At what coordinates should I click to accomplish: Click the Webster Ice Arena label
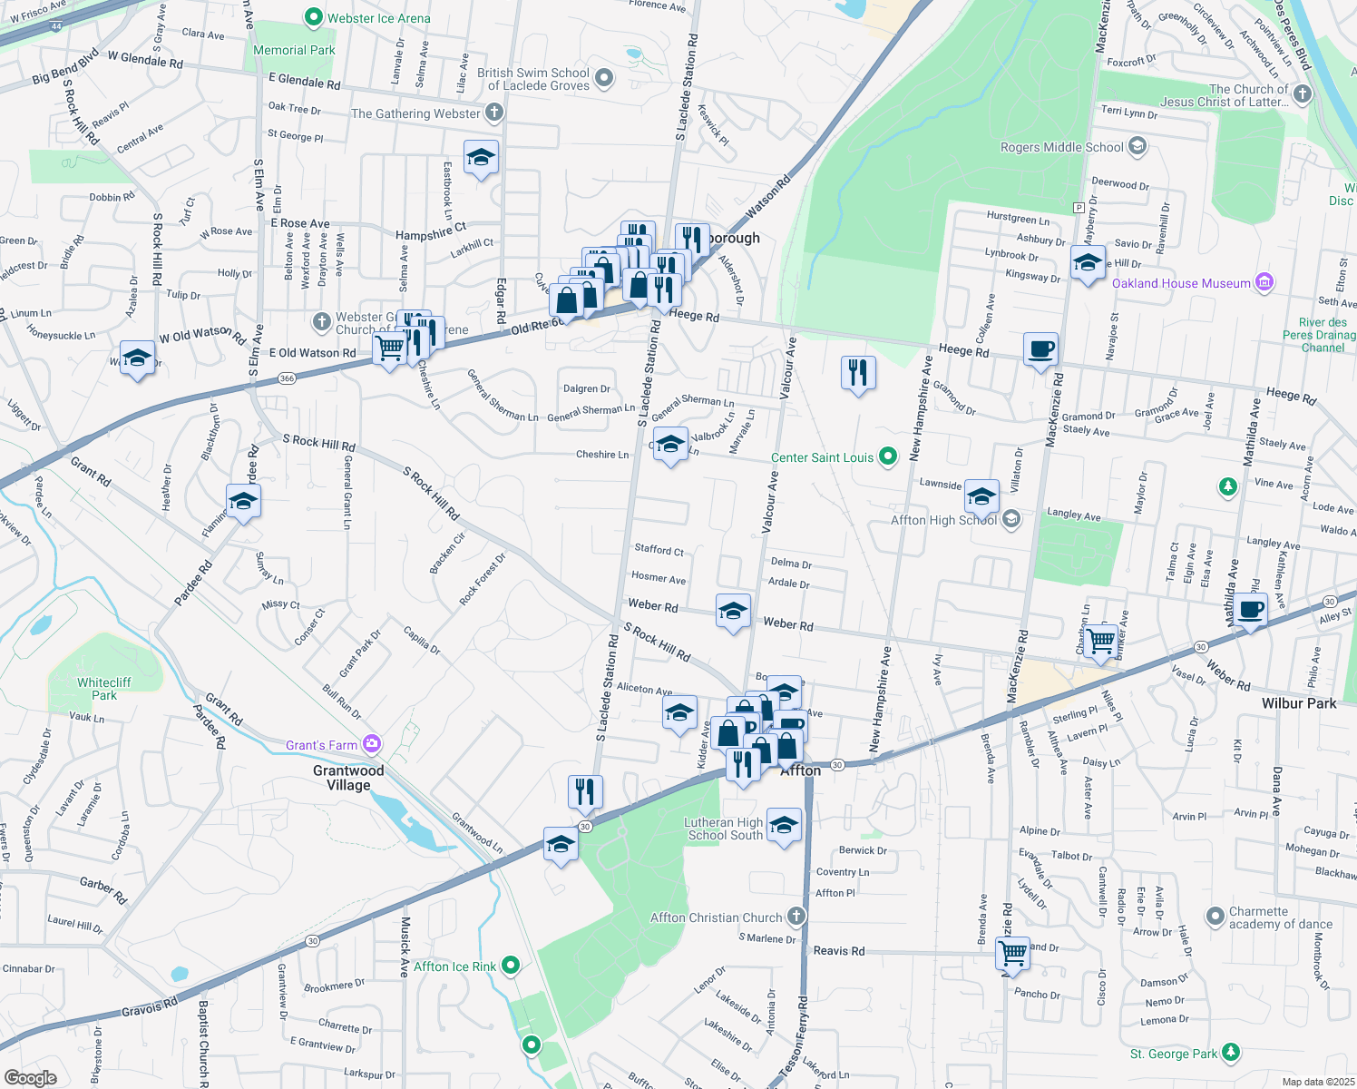coord(378,18)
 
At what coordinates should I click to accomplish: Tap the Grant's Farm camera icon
coord(371,745)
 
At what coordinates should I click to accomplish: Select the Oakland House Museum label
coord(1181,283)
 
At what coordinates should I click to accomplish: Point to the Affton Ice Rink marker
coord(511,966)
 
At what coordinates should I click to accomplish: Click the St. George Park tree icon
coord(1230,1053)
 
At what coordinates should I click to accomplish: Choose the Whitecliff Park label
coord(104,689)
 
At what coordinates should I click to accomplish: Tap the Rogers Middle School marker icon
coord(1137,146)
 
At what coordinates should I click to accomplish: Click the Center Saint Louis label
coord(822,457)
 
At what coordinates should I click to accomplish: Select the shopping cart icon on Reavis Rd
coord(1012,954)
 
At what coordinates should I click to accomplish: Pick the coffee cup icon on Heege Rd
coord(1041,348)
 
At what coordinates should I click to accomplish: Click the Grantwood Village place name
coord(348,778)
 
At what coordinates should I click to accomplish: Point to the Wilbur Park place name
coord(1299,703)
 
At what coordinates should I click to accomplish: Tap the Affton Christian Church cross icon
coord(796,916)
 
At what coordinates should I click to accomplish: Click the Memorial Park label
coord(294,51)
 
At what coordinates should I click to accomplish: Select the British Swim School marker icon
coord(604,79)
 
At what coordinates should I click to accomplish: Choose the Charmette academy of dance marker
coord(1215,917)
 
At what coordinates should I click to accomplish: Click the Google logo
coord(30,1077)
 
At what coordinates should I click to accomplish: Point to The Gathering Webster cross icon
coord(493,113)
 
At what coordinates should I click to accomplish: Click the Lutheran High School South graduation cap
coord(785,825)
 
